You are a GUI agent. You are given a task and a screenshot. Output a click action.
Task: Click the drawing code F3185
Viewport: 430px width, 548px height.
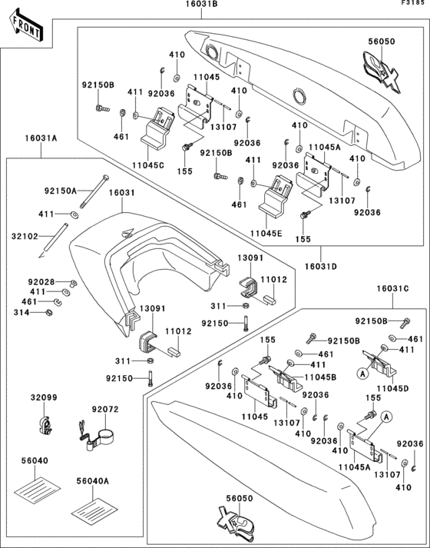412,5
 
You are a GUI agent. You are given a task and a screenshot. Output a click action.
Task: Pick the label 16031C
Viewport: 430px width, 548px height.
392,287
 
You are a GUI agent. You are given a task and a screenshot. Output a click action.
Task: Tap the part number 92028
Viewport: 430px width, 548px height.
42,282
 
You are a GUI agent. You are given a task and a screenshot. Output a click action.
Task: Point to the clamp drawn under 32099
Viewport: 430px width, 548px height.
45,422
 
